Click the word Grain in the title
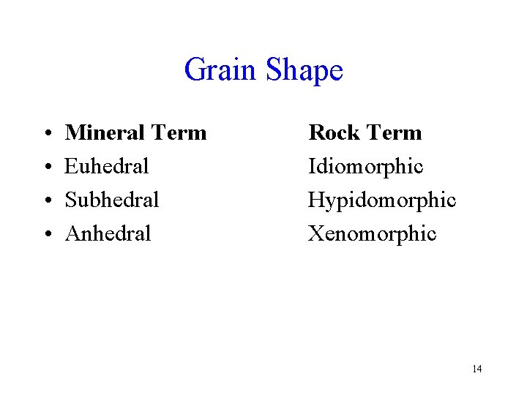tap(221, 70)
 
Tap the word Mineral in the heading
tap(105, 133)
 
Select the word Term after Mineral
tap(179, 133)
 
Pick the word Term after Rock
tap(395, 133)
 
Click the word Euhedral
tap(107, 167)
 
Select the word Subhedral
tap(112, 200)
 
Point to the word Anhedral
tap(108, 233)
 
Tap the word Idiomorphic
tap(366, 167)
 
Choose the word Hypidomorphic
tap(382, 200)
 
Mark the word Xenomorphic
tap(372, 233)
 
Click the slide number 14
tap(477, 369)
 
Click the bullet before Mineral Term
tap(46, 134)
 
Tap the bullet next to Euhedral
tap(46, 168)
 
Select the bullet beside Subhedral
tap(46, 200)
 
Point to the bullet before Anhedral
tap(46, 234)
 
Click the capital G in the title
tap(195, 70)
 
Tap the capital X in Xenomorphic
tap(316, 233)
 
